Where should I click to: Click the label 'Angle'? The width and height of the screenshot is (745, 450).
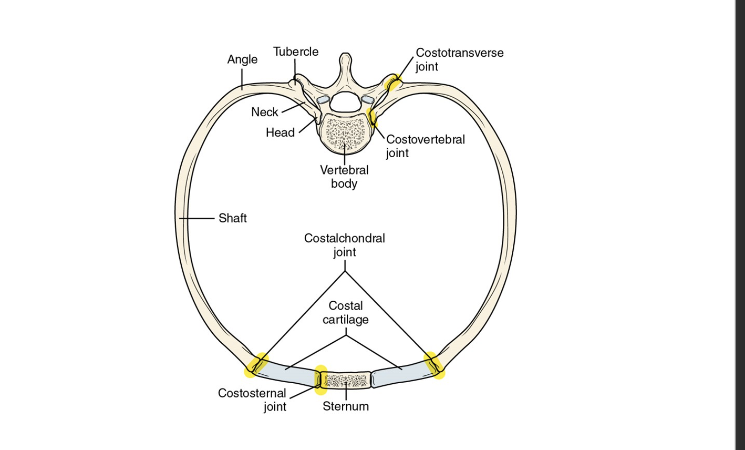tap(242, 59)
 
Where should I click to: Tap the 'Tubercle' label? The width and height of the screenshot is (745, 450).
tap(296, 52)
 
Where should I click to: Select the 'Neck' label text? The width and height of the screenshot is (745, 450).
tap(265, 112)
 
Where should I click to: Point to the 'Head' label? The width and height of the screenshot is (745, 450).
tap(280, 132)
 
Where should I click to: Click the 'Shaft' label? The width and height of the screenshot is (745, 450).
tap(233, 218)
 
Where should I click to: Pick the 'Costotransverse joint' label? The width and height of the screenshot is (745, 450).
tap(459, 59)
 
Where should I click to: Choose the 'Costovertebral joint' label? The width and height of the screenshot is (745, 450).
tap(425, 146)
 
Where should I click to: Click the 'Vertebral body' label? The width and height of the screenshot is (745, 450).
tap(344, 177)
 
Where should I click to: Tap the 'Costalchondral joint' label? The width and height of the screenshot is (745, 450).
tap(345, 245)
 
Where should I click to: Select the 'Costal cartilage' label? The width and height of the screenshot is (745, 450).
tap(346, 312)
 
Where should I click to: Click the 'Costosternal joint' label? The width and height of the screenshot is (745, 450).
tap(252, 400)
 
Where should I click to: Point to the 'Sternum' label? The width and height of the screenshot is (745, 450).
tap(346, 406)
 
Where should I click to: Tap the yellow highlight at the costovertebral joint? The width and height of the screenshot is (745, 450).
tap(372, 116)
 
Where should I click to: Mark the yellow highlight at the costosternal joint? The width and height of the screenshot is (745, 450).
tap(320, 380)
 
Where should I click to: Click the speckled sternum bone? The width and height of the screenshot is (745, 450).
tap(345, 380)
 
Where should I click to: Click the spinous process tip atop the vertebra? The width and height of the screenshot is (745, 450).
tap(345, 57)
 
